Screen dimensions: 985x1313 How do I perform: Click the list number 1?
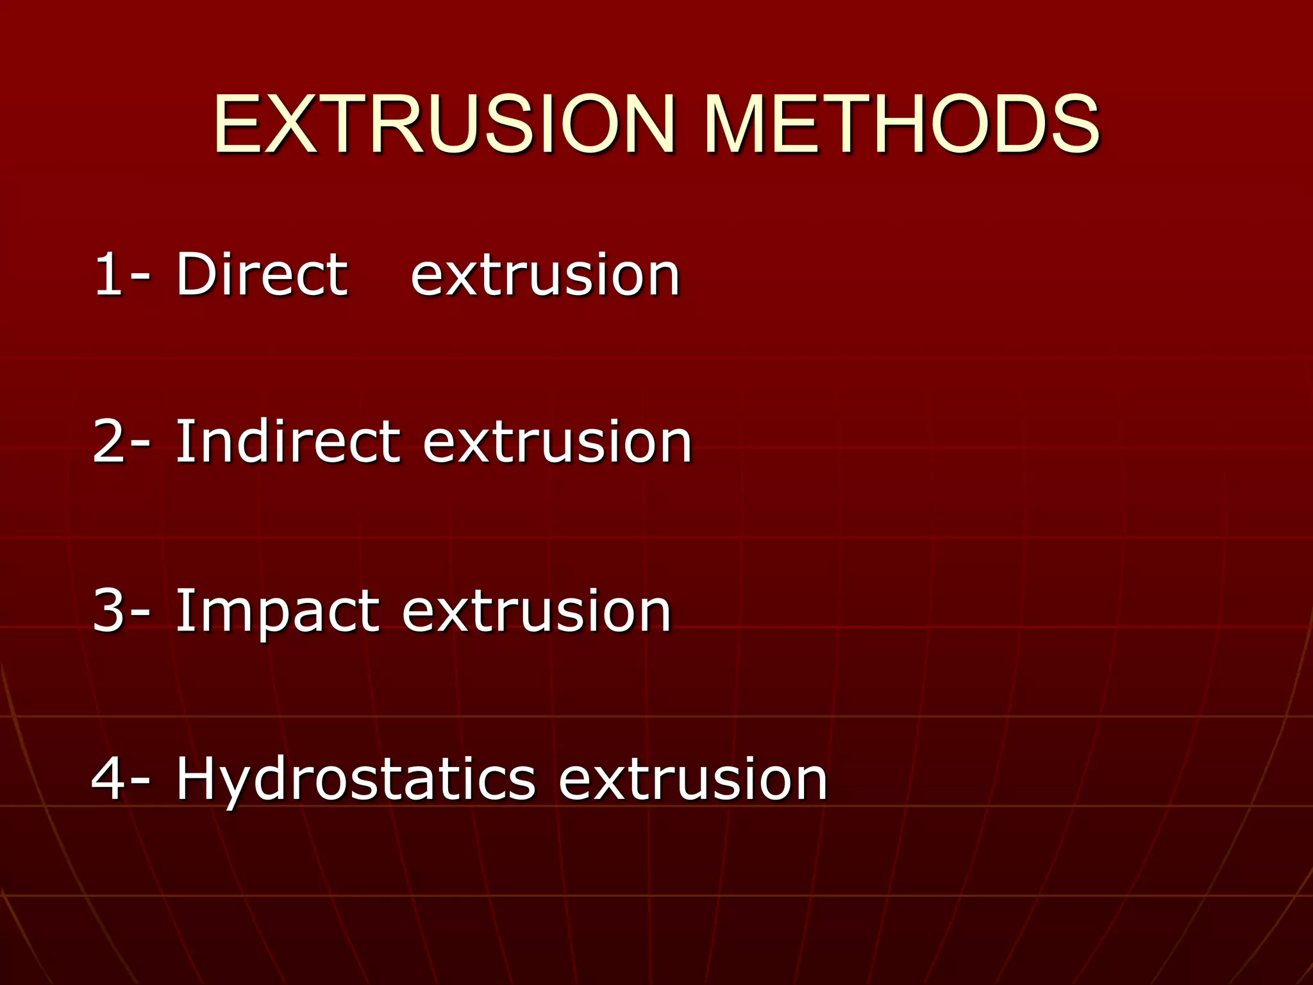click(108, 274)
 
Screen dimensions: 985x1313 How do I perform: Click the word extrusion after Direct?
click(545, 276)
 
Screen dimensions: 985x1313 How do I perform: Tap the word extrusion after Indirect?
click(557, 443)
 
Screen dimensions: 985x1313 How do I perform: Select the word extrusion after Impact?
click(537, 612)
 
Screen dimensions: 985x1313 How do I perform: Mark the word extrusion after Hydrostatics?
click(693, 780)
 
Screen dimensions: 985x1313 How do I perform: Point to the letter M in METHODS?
click(737, 124)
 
